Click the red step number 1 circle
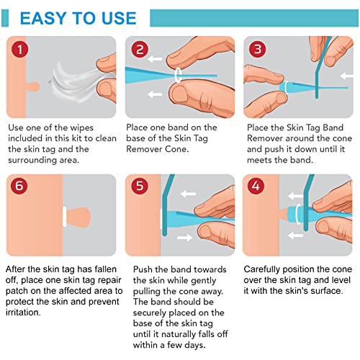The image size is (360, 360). point(20,49)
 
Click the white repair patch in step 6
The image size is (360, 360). point(65,215)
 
